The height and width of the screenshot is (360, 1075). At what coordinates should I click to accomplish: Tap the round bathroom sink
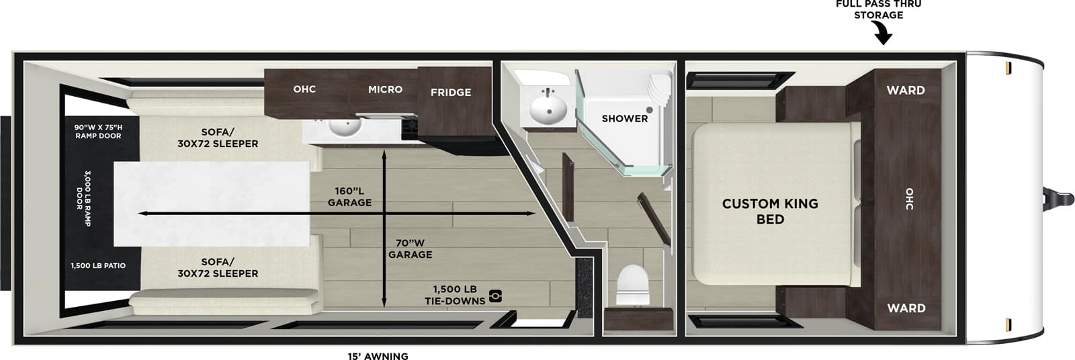pos(548,108)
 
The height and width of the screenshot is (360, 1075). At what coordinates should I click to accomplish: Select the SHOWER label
pos(624,118)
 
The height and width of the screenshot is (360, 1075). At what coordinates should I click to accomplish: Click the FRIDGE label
pos(450,92)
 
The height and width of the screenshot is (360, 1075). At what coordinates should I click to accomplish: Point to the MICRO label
pos(385,89)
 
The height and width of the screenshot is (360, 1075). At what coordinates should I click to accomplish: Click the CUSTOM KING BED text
pos(770,211)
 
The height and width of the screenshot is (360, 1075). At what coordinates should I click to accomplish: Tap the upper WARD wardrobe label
pos(905,90)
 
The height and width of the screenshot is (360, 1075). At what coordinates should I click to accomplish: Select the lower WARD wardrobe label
pos(906,308)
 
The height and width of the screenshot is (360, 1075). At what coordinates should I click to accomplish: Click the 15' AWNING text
pos(378,356)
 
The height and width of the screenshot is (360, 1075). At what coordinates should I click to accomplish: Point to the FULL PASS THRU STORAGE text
pos(878,9)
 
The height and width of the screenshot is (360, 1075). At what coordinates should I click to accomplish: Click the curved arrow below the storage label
pos(881,33)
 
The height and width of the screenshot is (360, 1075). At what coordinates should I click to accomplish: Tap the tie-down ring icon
pos(495,296)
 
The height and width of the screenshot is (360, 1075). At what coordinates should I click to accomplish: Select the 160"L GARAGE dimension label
pos(349,197)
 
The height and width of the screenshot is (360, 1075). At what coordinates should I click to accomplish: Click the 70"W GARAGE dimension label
pos(410,249)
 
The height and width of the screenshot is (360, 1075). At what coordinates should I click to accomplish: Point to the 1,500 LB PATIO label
pos(98,266)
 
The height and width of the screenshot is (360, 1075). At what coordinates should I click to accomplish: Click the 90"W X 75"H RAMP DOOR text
pos(98,131)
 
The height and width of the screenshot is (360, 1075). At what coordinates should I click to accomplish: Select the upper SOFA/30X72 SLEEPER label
pos(218,138)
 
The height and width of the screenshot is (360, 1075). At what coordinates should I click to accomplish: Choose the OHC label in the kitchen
pos(304,89)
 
